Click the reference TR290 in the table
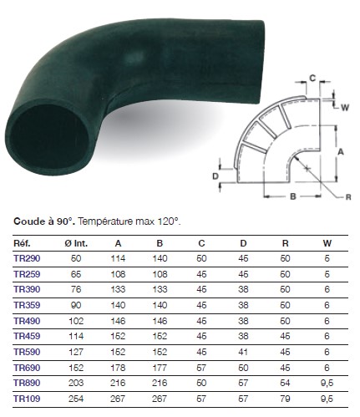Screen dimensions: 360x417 tap(27, 258)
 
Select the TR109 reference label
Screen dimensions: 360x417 tap(27, 399)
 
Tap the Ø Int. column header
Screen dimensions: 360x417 tap(76, 243)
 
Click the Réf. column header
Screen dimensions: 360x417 tap(22, 243)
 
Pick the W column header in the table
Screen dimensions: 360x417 tap(327, 243)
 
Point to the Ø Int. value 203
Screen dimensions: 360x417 tap(76, 383)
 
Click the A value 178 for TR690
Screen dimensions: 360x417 tap(118, 368)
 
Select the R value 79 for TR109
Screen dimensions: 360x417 tap(285, 399)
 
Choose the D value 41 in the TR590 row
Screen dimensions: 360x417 tap(243, 352)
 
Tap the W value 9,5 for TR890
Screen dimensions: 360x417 tap(327, 383)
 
